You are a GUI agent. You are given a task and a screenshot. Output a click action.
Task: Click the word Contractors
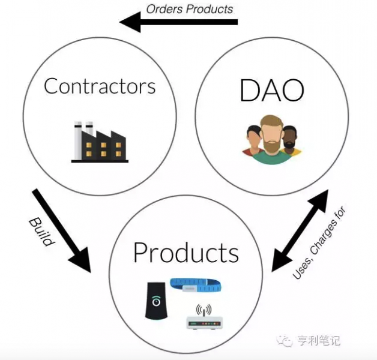point(100,86)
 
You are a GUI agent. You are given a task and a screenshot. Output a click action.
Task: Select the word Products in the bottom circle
point(186,253)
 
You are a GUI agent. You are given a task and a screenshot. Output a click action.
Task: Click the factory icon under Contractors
point(99,142)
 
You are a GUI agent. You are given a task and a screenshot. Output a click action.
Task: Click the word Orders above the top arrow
point(164,9)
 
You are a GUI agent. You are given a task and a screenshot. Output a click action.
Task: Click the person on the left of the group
point(253,141)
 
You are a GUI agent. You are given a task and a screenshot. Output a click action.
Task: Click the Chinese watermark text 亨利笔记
point(319,341)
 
